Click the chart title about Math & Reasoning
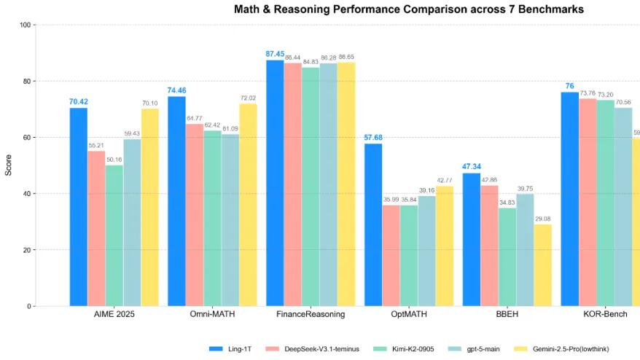(x=408, y=9)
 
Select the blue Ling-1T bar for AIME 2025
(x=78, y=207)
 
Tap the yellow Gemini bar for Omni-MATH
(x=248, y=205)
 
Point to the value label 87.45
(x=275, y=53)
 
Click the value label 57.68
(x=373, y=137)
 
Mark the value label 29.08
(x=543, y=218)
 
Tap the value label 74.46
(x=176, y=90)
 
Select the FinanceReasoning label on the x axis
(x=310, y=315)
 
